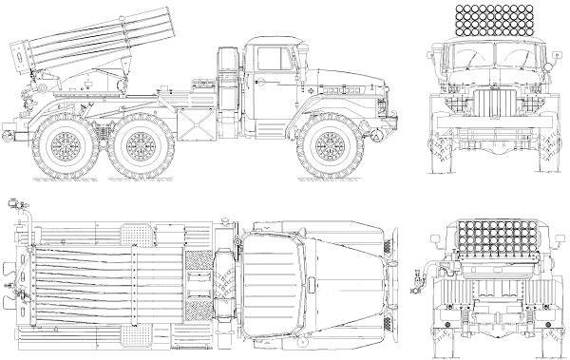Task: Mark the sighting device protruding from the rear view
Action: (419, 280)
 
